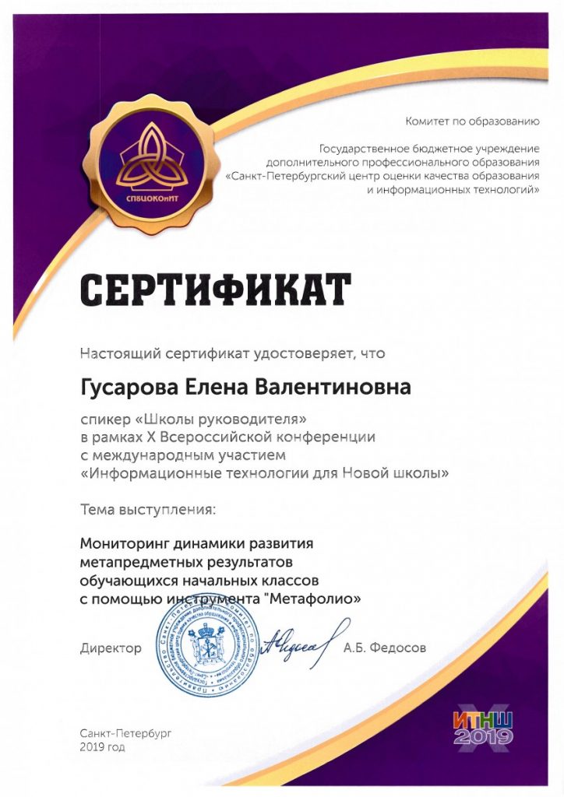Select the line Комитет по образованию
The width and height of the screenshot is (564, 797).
472,121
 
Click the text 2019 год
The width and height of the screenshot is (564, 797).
101,747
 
